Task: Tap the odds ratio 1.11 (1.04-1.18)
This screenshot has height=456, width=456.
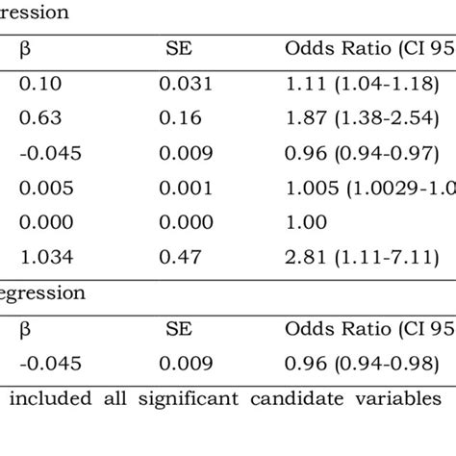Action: [361, 85]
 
